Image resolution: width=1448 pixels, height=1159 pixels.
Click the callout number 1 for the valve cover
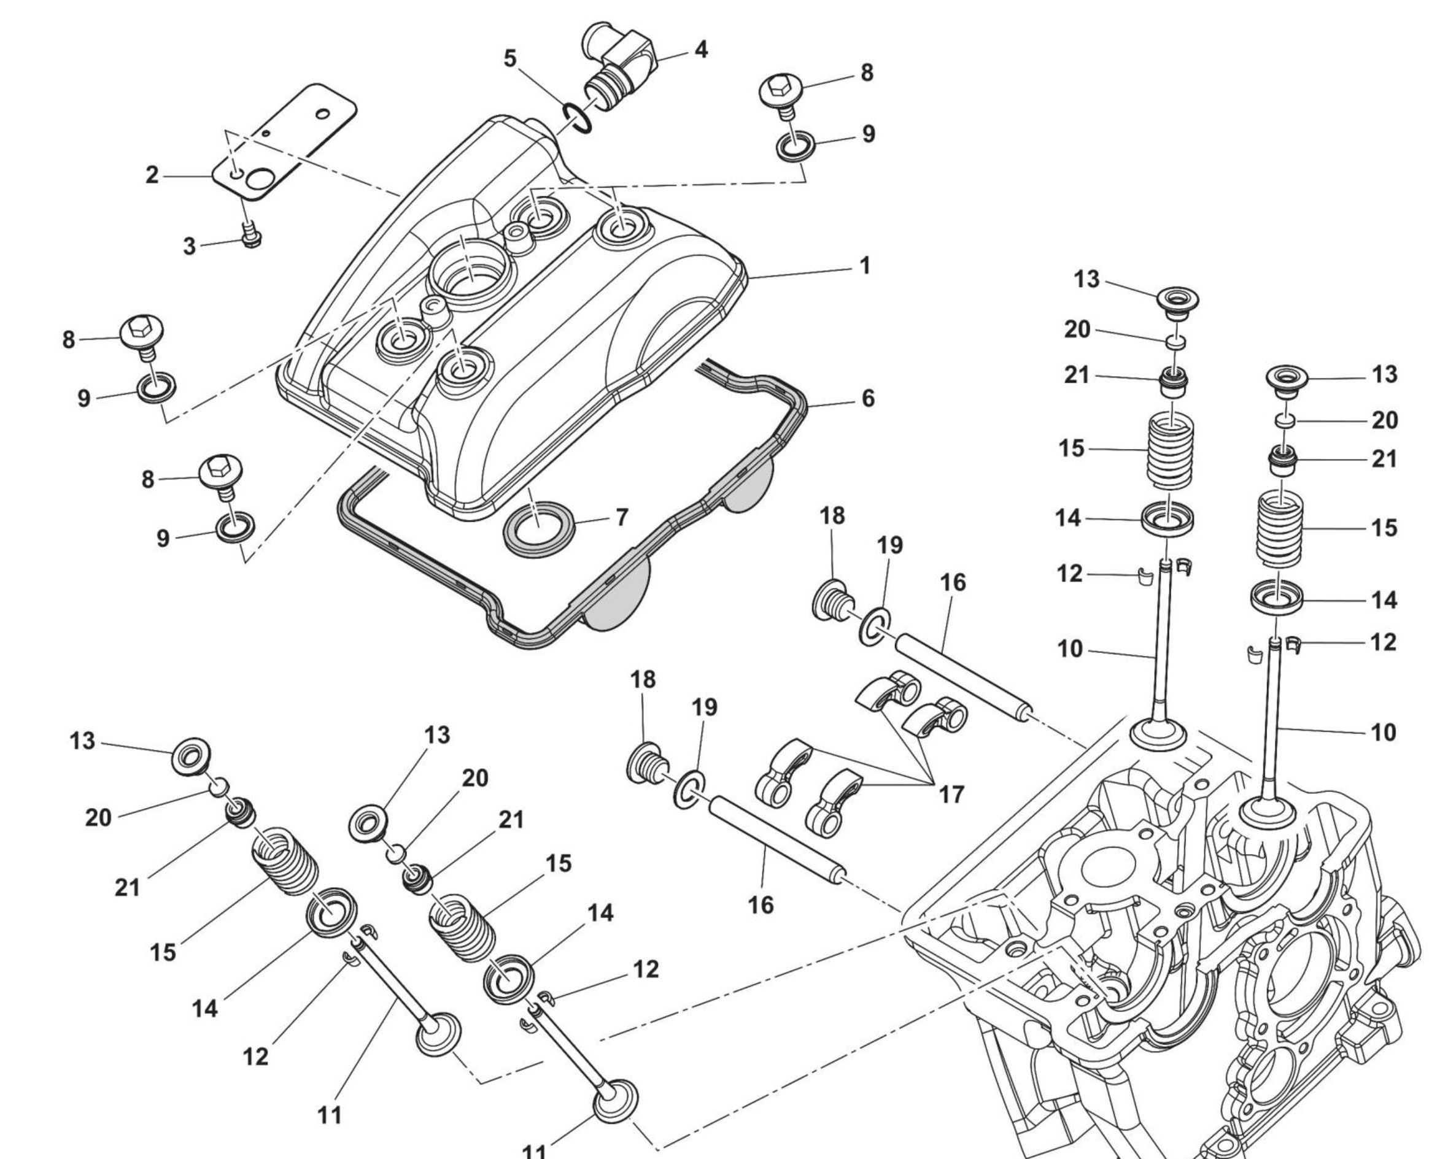tap(865, 266)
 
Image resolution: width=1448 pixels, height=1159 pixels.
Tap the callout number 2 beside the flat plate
tap(152, 175)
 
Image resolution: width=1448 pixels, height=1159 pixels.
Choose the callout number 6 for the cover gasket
tap(868, 399)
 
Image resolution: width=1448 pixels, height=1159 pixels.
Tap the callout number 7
tap(621, 517)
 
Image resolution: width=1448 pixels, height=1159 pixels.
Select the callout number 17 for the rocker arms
tap(951, 795)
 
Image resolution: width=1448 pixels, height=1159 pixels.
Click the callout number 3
tap(190, 247)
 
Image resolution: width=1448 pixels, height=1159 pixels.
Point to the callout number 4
tap(700, 49)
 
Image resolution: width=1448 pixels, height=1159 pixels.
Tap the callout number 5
tap(511, 59)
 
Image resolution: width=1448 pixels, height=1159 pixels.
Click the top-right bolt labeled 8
tap(782, 92)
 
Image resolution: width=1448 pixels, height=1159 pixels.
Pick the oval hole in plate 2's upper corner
tap(323, 114)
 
